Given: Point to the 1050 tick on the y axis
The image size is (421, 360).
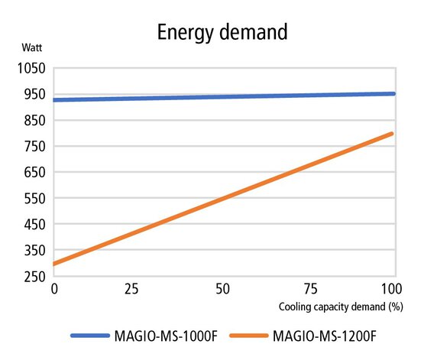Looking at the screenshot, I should point(30,68).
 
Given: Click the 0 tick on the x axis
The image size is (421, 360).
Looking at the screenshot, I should point(54,290).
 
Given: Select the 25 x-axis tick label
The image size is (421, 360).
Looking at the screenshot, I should point(138,290).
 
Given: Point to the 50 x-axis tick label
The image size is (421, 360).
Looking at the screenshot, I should point(222,290).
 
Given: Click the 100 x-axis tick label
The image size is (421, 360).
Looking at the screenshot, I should point(390,290).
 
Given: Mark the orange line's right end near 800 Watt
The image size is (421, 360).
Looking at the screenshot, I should point(392,134).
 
